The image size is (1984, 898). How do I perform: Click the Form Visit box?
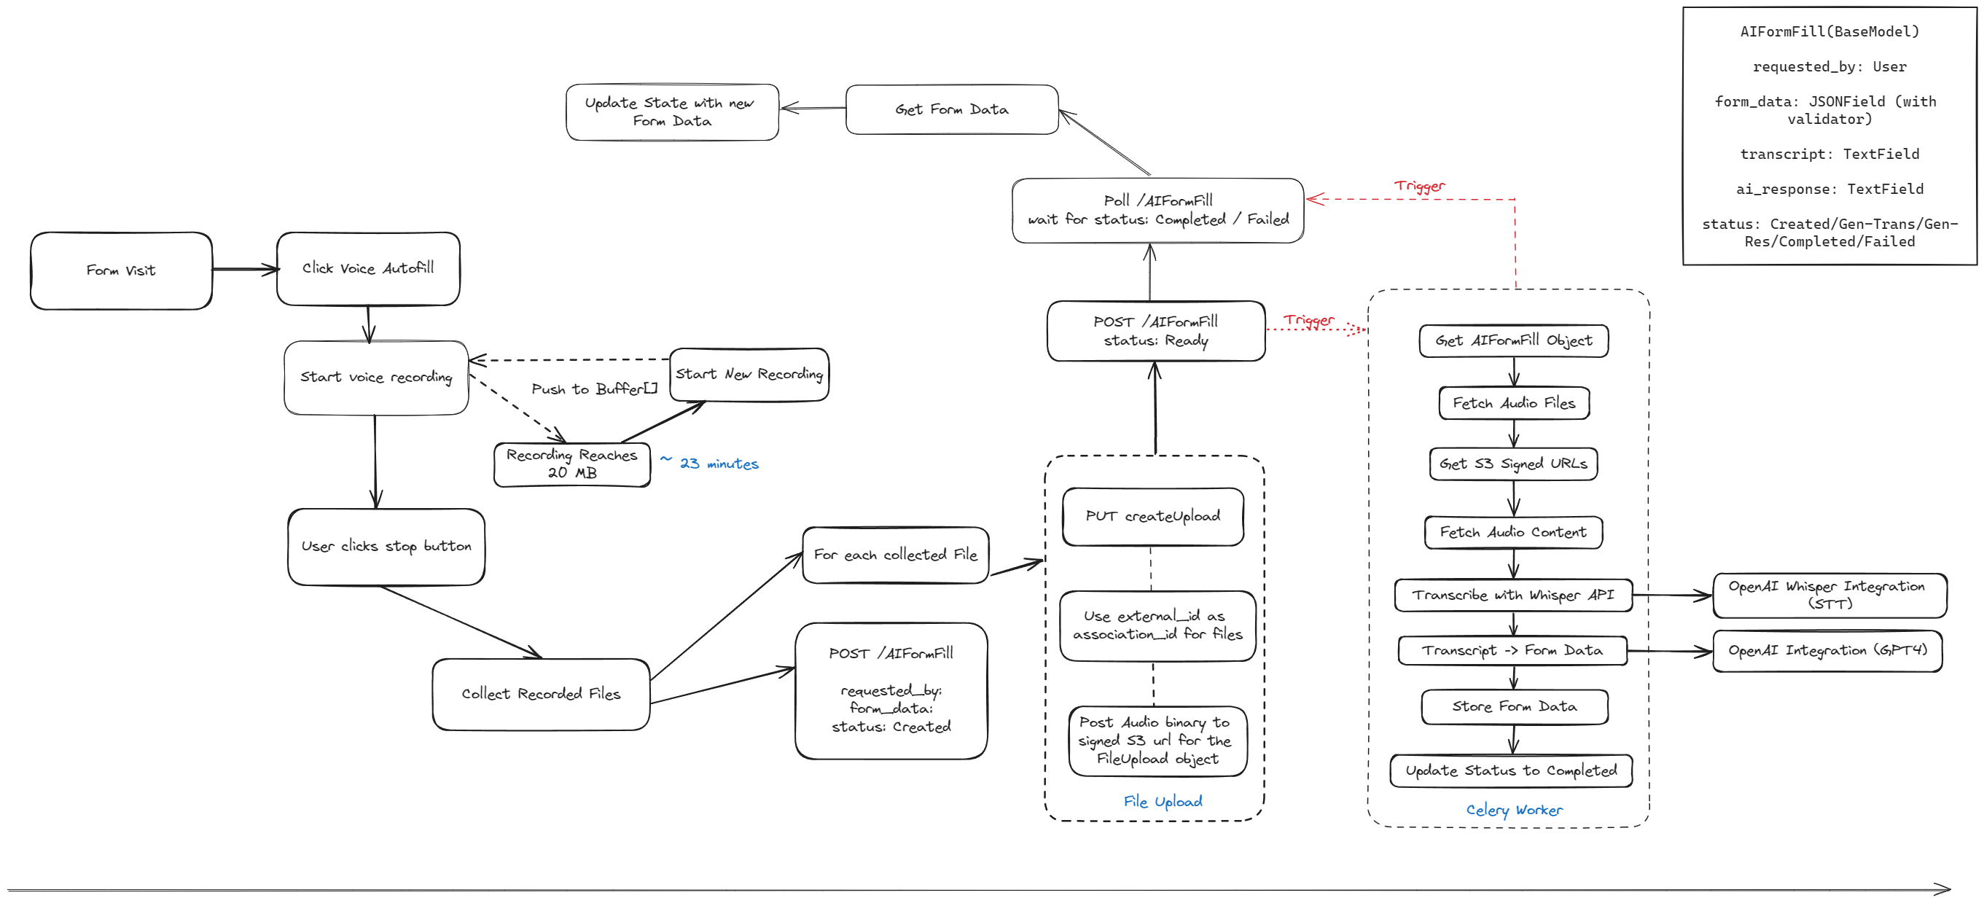click(121, 270)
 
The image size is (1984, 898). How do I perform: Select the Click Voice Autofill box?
click(368, 268)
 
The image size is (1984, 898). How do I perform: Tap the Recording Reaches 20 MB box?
click(571, 464)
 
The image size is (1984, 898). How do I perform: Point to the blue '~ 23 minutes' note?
click(710, 463)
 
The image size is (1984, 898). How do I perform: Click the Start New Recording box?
click(749, 375)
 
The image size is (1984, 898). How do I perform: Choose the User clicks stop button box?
click(386, 546)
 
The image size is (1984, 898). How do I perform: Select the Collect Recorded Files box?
click(541, 693)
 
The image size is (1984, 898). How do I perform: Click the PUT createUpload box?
click(1152, 516)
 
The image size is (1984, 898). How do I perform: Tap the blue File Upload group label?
click(1163, 801)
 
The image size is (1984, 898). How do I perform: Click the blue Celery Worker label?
click(1513, 809)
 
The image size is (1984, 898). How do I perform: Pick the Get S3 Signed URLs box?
click(1512, 464)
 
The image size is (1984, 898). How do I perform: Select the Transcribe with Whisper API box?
click(1512, 595)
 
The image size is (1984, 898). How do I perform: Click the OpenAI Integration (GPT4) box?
click(1827, 650)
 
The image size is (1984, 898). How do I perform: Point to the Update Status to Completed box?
click(1510, 770)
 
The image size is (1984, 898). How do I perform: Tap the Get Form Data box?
click(951, 109)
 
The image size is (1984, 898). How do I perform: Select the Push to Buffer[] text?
click(594, 389)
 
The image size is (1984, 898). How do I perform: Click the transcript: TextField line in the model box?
click(1829, 154)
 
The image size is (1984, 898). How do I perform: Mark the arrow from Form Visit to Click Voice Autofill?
click(244, 270)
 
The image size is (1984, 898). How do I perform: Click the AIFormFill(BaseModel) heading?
click(1829, 31)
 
